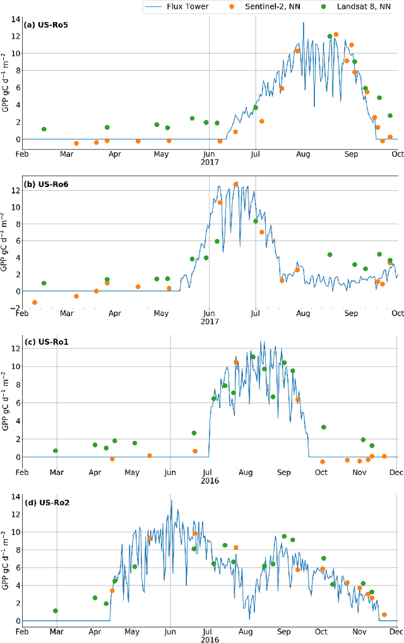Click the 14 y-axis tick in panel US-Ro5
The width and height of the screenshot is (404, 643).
tap(14, 18)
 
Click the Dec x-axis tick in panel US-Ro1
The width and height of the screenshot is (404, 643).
tap(396, 472)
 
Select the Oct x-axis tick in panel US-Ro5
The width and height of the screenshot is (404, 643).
tap(398, 153)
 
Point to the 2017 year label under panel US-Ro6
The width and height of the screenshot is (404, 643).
tap(210, 321)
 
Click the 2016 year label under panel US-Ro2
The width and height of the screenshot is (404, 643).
tap(210, 639)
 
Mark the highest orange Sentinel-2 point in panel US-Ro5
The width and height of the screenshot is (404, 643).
tap(336, 34)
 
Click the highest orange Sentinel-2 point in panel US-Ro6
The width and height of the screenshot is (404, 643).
tap(235, 184)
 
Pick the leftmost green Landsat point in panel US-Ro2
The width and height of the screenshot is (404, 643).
tap(56, 611)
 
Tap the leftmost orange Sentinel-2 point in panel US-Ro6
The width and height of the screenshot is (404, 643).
tap(35, 303)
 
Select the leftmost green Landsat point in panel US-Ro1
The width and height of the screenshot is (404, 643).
tap(56, 450)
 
